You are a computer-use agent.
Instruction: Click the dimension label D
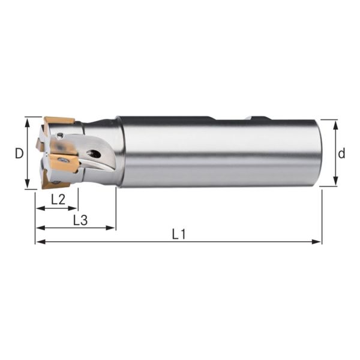pyautogui.click(x=19, y=153)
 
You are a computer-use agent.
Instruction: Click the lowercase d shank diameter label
pyautogui.click(x=341, y=153)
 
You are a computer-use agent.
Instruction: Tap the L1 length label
pyautogui.click(x=178, y=235)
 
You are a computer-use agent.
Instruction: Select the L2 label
pyautogui.click(x=58, y=200)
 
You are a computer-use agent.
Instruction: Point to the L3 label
pyautogui.click(x=80, y=220)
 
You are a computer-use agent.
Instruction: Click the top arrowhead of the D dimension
pyautogui.click(x=28, y=121)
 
